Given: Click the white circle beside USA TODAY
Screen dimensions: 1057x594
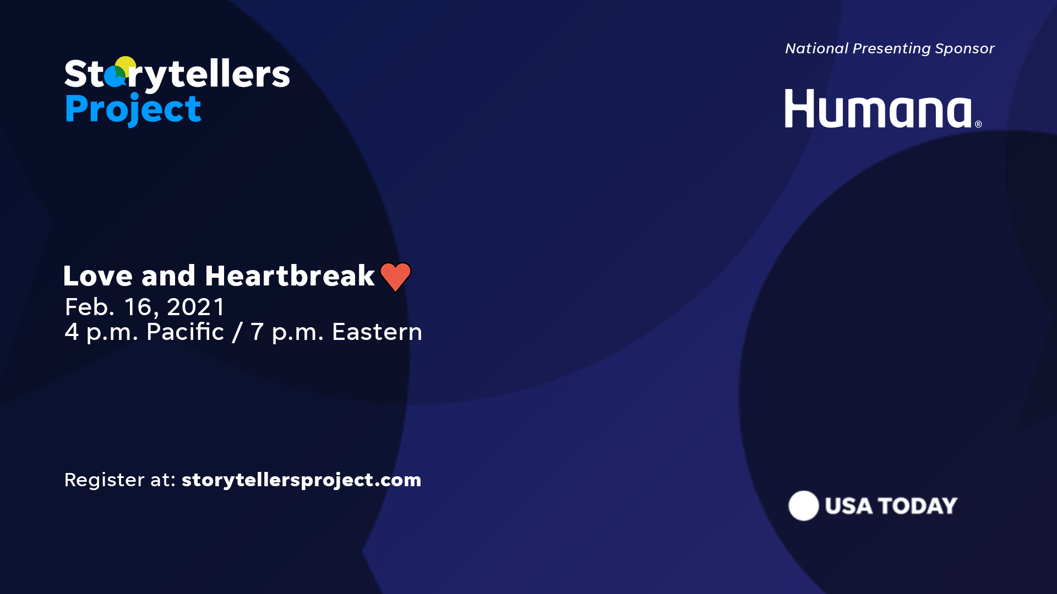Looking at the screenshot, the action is (x=803, y=505).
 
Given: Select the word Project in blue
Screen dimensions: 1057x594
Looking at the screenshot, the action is (x=133, y=109).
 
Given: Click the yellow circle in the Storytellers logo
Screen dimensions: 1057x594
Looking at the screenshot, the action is (x=126, y=65).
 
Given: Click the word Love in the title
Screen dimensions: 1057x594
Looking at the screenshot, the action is (x=98, y=276).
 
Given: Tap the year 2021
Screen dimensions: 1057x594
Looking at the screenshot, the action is (x=196, y=307).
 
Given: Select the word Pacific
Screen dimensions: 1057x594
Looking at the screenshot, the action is (x=185, y=332).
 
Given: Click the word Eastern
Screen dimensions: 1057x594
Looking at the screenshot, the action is (x=377, y=332).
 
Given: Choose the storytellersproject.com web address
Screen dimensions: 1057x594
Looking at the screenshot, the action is (x=301, y=480).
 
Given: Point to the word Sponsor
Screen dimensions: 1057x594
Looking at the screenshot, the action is (x=965, y=48).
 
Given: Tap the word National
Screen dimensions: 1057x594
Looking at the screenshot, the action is (x=817, y=48).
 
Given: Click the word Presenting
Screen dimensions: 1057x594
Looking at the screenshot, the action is (x=892, y=48).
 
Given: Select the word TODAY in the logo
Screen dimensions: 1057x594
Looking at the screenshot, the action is (x=918, y=506).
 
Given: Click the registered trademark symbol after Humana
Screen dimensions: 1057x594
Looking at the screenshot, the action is (x=978, y=124).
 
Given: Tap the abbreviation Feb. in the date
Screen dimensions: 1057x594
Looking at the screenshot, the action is (x=90, y=307).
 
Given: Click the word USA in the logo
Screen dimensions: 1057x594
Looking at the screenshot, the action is (x=848, y=506).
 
